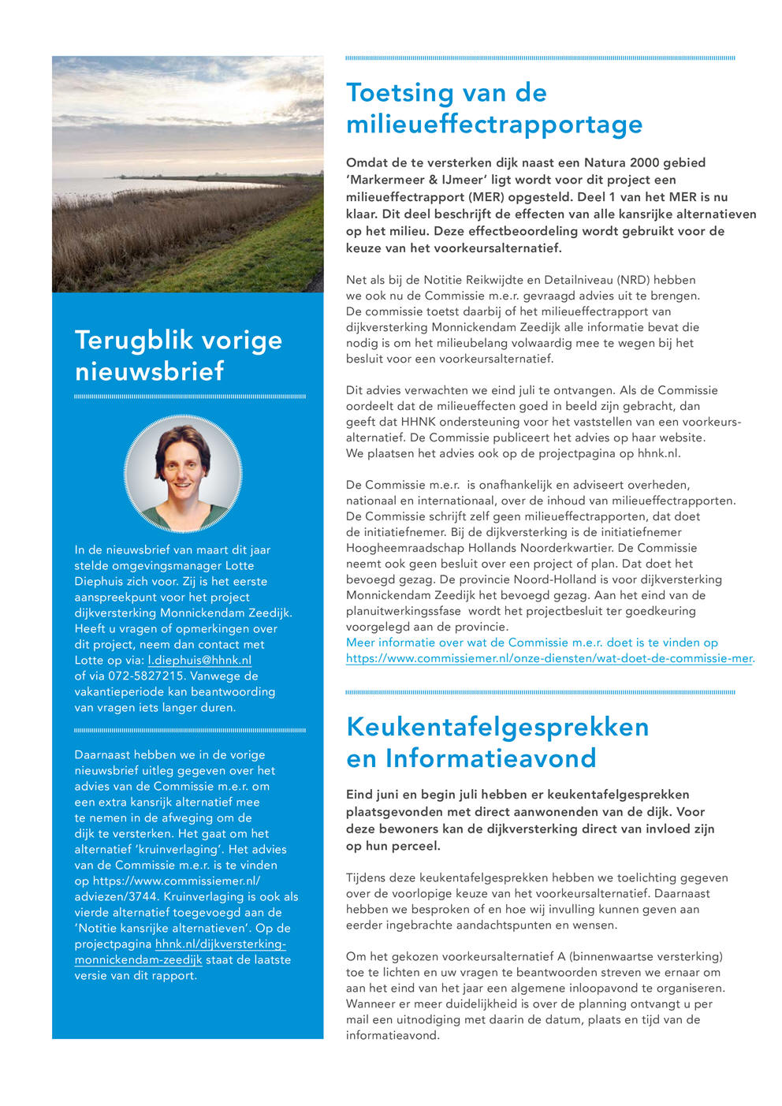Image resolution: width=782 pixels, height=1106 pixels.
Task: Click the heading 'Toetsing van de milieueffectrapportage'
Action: click(x=494, y=109)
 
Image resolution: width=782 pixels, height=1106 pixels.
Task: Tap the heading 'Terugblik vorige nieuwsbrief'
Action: click(x=178, y=355)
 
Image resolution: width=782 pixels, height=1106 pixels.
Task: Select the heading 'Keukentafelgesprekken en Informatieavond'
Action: click(x=497, y=742)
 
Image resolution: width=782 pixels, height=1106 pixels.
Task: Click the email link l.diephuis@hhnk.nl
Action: click(x=199, y=661)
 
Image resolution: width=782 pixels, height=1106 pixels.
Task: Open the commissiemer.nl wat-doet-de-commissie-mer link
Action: click(x=549, y=658)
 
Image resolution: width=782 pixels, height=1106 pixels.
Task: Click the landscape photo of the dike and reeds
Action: click(x=188, y=173)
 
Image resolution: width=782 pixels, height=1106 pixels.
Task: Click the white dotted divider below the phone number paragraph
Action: click(x=189, y=731)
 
